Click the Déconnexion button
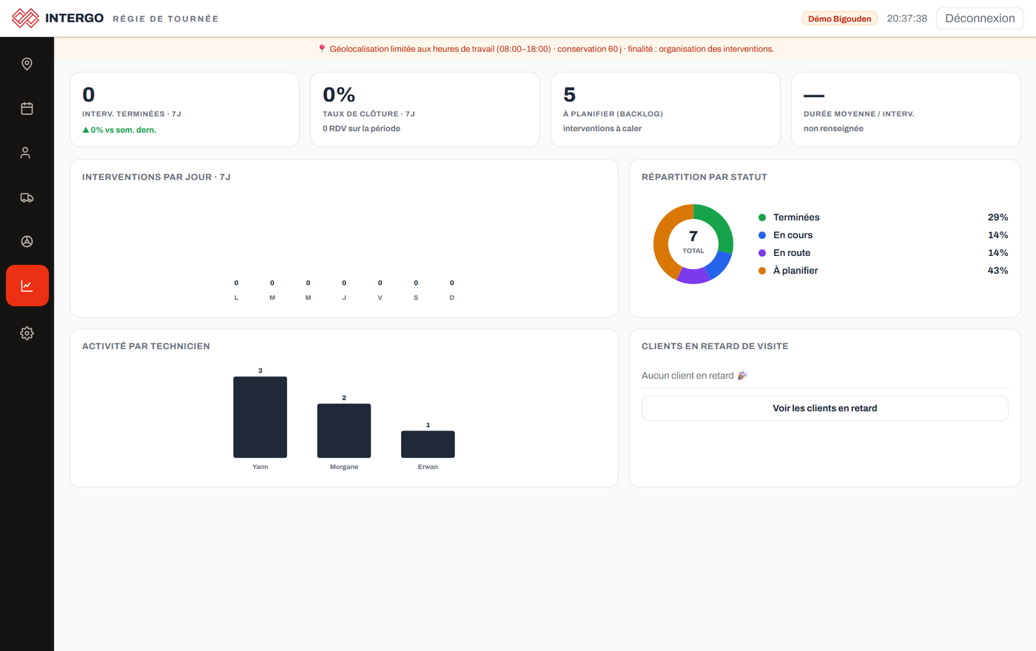(980, 18)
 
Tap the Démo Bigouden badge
(839, 18)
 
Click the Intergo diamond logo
(25, 18)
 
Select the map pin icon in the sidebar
(27, 64)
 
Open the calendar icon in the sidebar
(27, 108)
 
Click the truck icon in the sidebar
(27, 198)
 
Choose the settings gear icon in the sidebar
(27, 334)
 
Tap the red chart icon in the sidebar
(27, 286)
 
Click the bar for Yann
(260, 417)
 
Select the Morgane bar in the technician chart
(343, 431)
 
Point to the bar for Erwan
(428, 445)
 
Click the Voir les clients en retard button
(824, 408)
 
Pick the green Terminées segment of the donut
(719, 223)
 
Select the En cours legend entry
(785, 235)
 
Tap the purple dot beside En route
(762, 253)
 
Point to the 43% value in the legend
(998, 271)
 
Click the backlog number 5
(569, 95)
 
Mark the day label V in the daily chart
(380, 297)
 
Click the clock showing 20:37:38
(907, 18)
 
